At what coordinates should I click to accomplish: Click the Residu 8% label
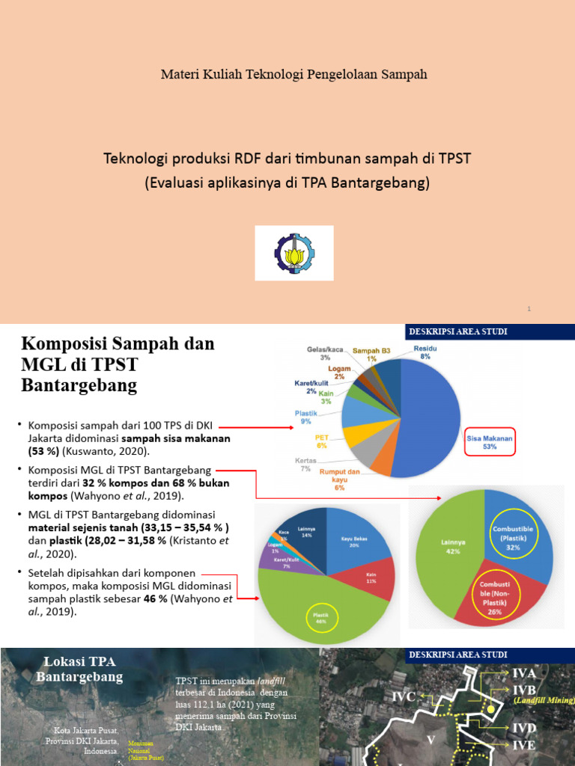tap(425, 352)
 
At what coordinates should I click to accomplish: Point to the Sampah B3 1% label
tap(371, 354)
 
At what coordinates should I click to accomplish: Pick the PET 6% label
tap(322, 441)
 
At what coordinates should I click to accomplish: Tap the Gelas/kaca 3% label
tap(325, 353)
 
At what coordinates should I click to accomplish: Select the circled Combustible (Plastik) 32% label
tap(513, 538)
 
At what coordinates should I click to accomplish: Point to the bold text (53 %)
tap(46, 451)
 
